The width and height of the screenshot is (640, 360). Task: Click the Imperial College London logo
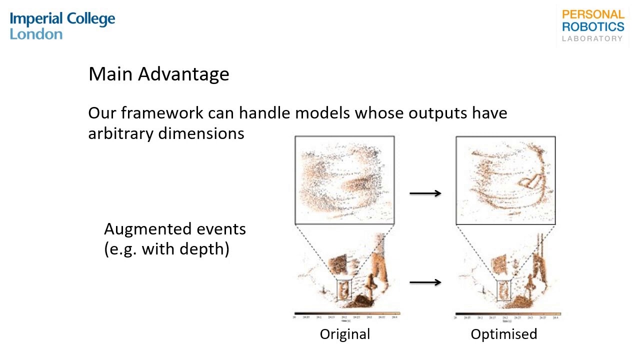coord(62,26)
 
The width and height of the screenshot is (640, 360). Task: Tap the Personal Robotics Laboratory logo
coord(593,26)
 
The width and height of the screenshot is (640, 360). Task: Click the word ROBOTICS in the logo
coord(593,26)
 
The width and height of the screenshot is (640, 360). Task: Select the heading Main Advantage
coord(158,74)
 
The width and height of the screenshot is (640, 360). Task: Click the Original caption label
coord(345,334)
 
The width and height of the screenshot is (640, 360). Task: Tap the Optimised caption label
coord(503,334)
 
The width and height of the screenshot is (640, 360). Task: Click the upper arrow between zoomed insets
coord(425,193)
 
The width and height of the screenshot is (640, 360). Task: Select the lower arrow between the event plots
coord(425,282)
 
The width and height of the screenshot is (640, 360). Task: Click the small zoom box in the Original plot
coord(344,289)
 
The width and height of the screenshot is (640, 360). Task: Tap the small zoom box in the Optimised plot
coord(503,290)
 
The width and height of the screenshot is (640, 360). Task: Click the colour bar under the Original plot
coord(347,313)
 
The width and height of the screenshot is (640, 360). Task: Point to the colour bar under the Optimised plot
coord(507,313)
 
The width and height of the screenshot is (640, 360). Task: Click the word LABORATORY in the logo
coord(592,38)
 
